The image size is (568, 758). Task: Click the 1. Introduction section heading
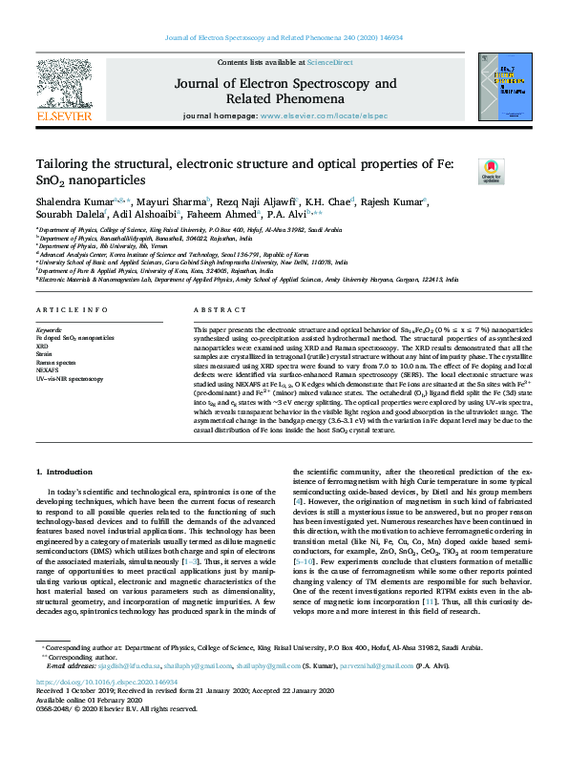65,473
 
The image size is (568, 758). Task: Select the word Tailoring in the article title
63,163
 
